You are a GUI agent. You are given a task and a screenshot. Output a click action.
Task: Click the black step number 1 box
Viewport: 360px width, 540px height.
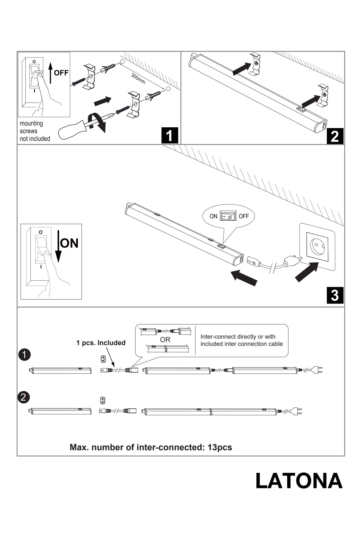point(170,135)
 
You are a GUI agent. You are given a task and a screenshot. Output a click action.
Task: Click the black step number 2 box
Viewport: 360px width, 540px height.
point(335,136)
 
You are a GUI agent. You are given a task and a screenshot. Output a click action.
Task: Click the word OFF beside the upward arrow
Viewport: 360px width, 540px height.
point(61,73)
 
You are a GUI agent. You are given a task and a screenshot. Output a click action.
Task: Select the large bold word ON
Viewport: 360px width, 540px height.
point(69,243)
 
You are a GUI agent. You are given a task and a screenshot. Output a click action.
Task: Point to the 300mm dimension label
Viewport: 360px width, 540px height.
point(138,79)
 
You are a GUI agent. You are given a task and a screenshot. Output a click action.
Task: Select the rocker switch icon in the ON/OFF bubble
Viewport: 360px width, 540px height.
point(228,216)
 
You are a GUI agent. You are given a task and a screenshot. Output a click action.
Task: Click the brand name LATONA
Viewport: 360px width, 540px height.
point(299,481)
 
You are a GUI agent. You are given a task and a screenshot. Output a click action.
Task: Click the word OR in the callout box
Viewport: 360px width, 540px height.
point(165,340)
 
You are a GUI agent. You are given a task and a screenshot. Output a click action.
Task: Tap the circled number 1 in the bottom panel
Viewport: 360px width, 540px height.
point(24,355)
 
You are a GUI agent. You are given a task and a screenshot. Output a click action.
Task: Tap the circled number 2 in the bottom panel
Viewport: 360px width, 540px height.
point(23,397)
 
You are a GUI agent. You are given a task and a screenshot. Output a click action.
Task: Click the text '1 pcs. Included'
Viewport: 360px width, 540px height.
point(101,343)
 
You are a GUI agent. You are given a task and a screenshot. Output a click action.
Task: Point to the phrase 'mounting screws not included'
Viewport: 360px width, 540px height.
point(35,131)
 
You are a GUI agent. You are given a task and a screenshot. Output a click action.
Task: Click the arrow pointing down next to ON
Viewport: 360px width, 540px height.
point(58,247)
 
